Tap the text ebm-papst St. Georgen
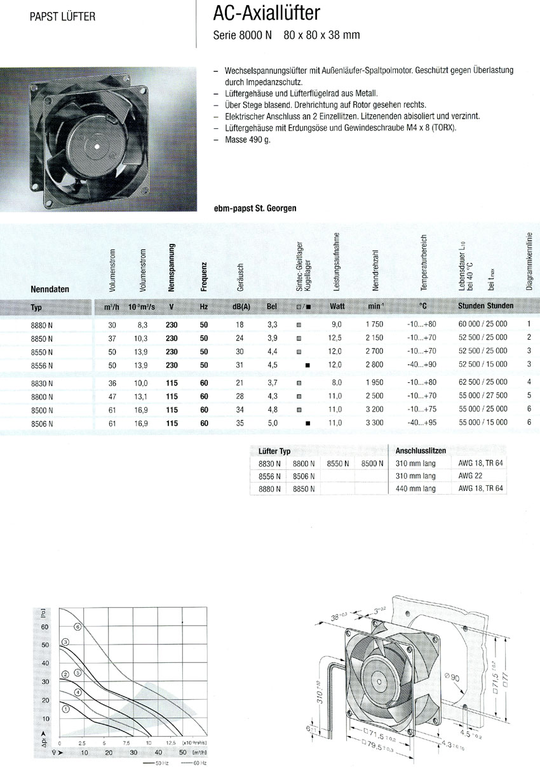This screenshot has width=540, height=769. point(256,208)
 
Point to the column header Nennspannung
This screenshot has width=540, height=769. point(172,267)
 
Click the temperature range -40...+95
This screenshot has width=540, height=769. point(422,422)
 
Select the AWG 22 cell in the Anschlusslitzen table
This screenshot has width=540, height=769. point(470,476)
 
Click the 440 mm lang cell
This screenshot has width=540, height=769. point(415,488)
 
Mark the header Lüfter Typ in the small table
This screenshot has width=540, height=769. point(274,450)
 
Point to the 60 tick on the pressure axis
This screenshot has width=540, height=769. point(45,627)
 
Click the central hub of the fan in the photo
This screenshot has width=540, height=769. point(97,146)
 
